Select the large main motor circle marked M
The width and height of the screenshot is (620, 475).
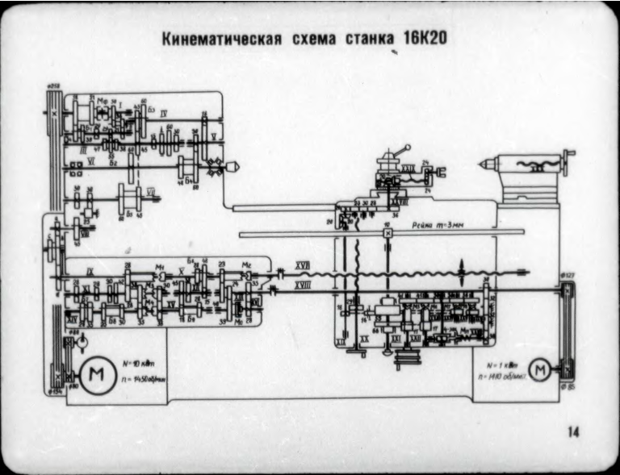pyautogui.click(x=97, y=377)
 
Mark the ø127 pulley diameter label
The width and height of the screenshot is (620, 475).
pyautogui.click(x=567, y=275)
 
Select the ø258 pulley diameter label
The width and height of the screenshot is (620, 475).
pyautogui.click(x=53, y=85)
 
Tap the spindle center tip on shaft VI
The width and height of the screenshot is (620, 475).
pyautogui.click(x=234, y=167)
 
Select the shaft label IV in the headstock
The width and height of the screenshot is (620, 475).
pyautogui.click(x=164, y=110)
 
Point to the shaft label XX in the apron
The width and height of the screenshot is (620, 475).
pyautogui.click(x=365, y=342)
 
